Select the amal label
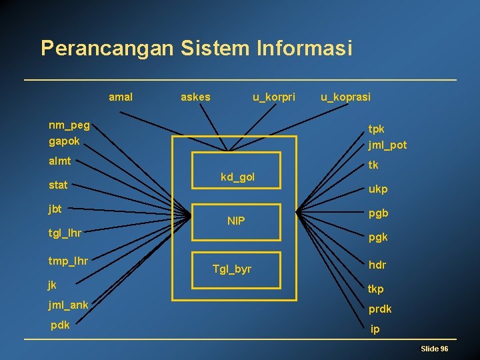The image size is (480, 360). tap(121, 97)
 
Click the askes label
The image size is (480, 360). tap(195, 97)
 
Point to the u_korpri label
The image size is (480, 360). tap(273, 97)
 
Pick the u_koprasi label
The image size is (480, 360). tap(345, 97)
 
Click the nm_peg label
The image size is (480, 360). tap(69, 125)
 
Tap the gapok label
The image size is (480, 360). tap(64, 141)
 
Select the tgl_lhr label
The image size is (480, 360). tap(65, 233)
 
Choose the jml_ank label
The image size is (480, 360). tap(67, 305)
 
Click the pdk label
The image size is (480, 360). tap(62, 326)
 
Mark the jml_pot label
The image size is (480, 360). tap(387, 145)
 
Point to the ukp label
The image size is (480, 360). tap(378, 189)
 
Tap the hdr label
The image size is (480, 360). tap(377, 265)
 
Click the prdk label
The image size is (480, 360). tap(380, 309)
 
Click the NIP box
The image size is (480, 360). tap(236, 221)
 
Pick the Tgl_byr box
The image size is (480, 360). tap(232, 269)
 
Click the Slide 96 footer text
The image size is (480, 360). tap(434, 349)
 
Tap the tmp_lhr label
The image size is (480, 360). tap(68, 260)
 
